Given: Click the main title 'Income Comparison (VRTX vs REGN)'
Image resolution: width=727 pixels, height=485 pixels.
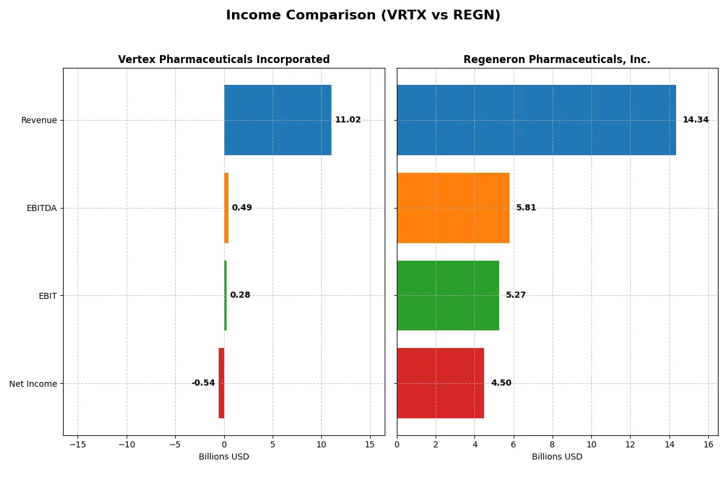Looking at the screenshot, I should (x=363, y=16).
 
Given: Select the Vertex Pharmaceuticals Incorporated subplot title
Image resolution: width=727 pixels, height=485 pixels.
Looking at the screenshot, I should (x=224, y=59).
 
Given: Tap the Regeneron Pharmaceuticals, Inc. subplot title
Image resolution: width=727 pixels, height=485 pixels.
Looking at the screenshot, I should (x=556, y=59).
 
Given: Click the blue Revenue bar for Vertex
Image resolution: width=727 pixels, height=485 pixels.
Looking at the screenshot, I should (x=277, y=120).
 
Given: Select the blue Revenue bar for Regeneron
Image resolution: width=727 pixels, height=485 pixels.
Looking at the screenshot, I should (x=536, y=120).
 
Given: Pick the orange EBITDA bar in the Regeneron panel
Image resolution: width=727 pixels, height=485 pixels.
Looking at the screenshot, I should (x=453, y=208).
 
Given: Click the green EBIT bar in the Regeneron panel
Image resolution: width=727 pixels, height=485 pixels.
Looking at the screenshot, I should (x=448, y=295).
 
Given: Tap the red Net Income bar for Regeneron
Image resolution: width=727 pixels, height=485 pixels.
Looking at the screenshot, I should (x=440, y=383).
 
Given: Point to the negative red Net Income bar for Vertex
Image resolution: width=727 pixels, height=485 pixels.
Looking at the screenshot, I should (x=222, y=383).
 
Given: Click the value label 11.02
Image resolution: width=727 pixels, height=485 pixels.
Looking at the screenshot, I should (x=348, y=120).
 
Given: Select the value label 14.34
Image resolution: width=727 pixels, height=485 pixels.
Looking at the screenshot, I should (x=695, y=120).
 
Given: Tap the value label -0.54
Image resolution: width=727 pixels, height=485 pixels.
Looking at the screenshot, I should (x=203, y=383).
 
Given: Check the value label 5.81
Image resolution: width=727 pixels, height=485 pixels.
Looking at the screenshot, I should (x=526, y=208).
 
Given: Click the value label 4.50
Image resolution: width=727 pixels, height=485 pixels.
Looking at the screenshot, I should (x=501, y=383).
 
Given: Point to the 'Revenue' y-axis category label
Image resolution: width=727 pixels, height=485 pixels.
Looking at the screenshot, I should (x=39, y=120).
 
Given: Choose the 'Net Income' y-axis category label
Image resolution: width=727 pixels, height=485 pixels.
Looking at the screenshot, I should (x=33, y=384).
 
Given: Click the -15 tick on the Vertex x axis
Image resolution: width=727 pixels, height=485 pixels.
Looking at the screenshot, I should (x=78, y=444).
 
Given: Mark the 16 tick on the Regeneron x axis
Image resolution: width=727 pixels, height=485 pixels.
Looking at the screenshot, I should (x=708, y=444).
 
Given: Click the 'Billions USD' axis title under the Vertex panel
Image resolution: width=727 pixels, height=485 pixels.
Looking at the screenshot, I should (x=224, y=457).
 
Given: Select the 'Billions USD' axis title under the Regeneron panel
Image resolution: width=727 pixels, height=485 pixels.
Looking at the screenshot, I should (x=557, y=457).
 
